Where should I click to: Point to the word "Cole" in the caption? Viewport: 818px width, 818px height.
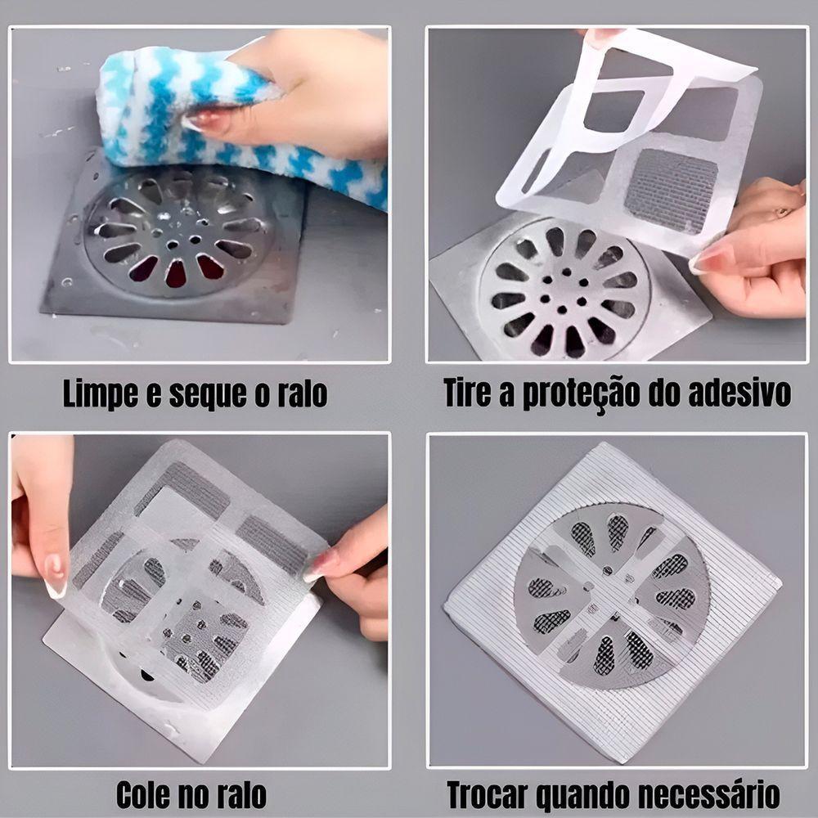pyautogui.click(x=146, y=794)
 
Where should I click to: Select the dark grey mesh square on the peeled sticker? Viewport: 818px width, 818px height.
pyautogui.click(x=671, y=192)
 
